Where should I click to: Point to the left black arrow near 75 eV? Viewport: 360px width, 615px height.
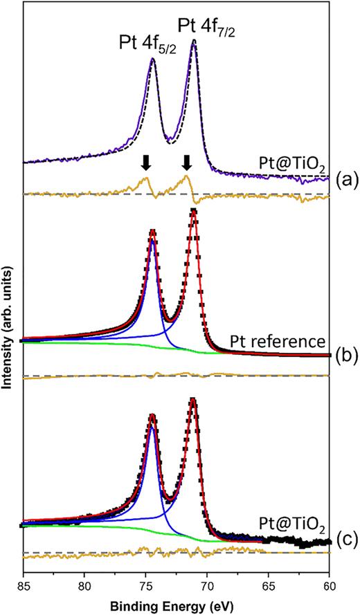click(x=145, y=163)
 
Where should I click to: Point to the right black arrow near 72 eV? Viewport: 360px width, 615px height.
click(x=186, y=163)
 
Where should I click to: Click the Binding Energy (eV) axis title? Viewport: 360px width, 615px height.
click(x=177, y=604)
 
